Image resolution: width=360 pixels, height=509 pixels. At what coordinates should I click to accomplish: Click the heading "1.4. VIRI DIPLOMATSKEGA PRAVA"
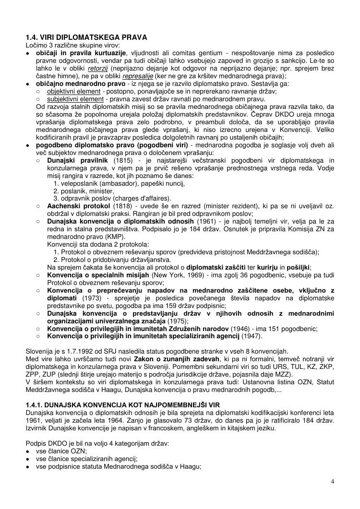[86, 37]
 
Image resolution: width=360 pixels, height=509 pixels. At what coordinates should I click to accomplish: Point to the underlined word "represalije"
[139, 76]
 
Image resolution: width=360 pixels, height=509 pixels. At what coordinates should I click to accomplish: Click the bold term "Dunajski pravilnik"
[77, 160]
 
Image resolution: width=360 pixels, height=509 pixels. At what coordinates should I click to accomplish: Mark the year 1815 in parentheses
[122, 160]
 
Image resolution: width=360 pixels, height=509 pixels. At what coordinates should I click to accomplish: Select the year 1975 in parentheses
[178, 321]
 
